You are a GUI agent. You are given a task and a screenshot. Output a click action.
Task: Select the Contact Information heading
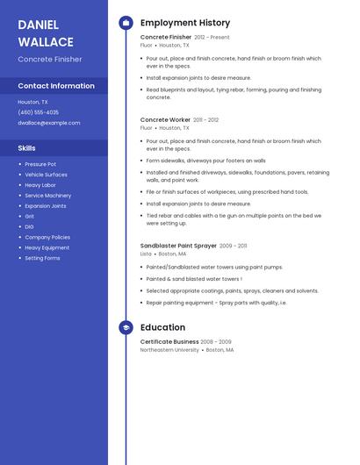(x=56, y=86)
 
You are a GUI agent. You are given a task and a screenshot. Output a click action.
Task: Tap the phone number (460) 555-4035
(x=39, y=112)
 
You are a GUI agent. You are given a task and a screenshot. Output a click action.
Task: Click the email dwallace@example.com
(x=48, y=123)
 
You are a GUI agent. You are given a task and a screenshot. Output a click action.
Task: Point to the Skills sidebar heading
(x=27, y=148)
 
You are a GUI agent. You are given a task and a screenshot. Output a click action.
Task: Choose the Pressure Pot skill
(x=40, y=164)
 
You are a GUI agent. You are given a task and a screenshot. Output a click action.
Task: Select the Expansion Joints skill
(x=46, y=205)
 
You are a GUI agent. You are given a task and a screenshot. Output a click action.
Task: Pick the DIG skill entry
(x=30, y=226)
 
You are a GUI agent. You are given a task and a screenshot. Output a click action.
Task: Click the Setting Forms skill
(x=42, y=258)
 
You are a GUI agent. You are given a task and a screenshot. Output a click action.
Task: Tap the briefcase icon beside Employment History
(x=126, y=23)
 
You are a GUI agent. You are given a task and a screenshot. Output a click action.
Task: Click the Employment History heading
(x=185, y=23)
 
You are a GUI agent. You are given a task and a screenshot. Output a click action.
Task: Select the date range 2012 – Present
(x=212, y=38)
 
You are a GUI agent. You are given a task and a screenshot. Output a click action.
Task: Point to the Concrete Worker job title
(x=165, y=119)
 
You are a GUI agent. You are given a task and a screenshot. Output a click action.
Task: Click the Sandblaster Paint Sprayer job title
(x=178, y=246)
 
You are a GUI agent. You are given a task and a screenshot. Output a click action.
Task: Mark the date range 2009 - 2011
(x=234, y=246)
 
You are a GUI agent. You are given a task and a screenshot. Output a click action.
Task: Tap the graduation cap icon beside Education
(x=126, y=327)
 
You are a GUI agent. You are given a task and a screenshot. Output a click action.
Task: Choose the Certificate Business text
(x=169, y=341)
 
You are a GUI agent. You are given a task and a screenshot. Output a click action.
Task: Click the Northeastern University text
(x=169, y=349)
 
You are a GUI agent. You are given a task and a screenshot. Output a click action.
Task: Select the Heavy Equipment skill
(x=47, y=247)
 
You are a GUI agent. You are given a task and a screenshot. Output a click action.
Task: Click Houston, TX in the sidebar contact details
(x=33, y=102)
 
